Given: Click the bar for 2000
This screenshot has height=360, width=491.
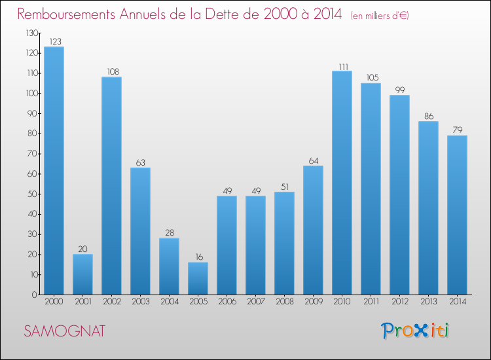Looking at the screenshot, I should pos(54,170).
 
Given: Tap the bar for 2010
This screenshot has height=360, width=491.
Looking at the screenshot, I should pos(342,183).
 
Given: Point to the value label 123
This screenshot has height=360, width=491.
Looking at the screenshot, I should pos(54,41).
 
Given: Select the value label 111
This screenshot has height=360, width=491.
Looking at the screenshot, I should pos(342,65).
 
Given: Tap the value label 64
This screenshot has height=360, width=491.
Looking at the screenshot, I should pos(313,160).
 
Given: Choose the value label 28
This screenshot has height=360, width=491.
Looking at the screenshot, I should pos(169,233).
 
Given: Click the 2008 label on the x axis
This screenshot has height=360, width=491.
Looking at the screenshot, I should pos(284,302).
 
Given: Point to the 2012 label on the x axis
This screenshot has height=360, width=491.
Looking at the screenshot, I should pos(399,302).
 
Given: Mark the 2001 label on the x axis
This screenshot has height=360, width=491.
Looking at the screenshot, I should pos(82,302).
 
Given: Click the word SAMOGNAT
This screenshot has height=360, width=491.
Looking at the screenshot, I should pos(64,331).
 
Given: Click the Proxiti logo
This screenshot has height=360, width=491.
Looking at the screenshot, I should pos(416,331).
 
